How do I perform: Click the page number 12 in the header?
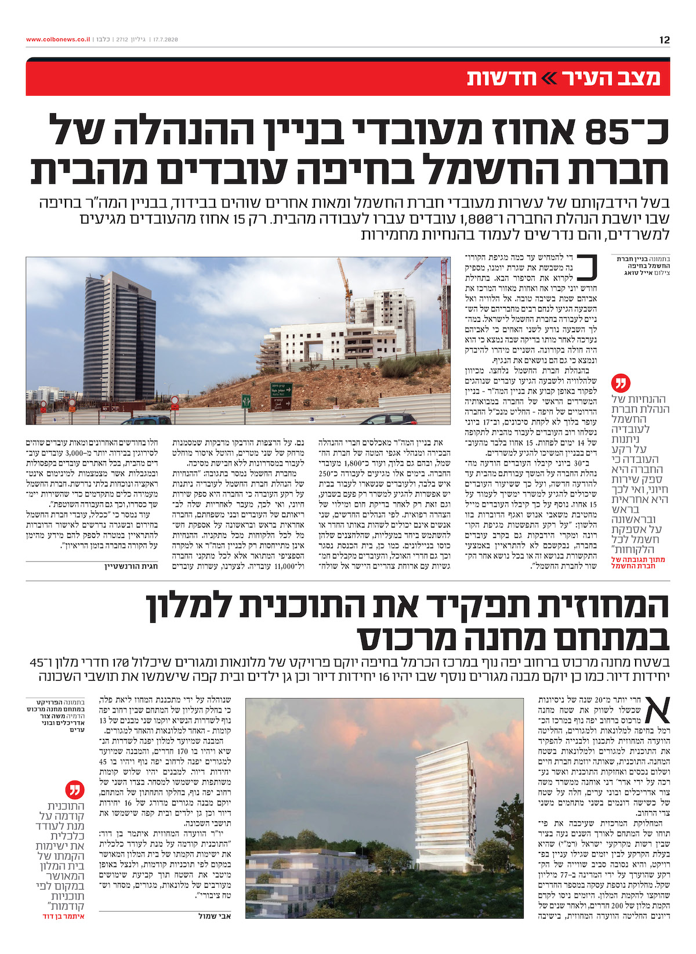(664, 40)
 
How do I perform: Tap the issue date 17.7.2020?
(164, 39)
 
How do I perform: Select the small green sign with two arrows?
(246, 401)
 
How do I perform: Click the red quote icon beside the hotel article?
(76, 789)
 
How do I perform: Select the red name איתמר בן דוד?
(64, 916)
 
